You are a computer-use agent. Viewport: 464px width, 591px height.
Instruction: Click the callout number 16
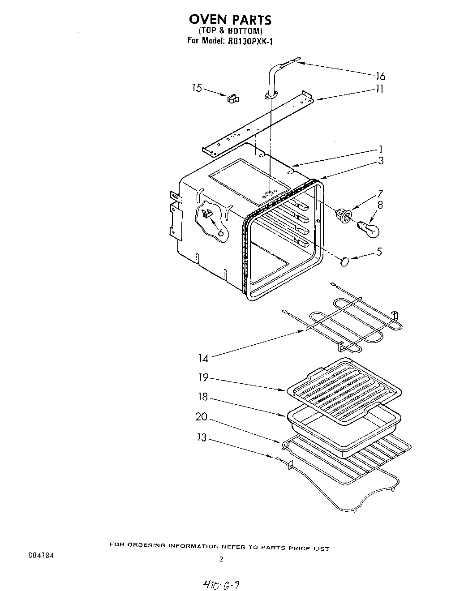pyautogui.click(x=380, y=76)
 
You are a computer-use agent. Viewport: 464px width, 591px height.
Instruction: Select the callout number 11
pyautogui.click(x=379, y=89)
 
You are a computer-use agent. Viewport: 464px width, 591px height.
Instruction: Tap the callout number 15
pyautogui.click(x=197, y=88)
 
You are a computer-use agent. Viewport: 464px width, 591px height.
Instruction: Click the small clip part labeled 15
pyautogui.click(x=233, y=98)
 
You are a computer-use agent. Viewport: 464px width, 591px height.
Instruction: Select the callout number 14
pyautogui.click(x=203, y=358)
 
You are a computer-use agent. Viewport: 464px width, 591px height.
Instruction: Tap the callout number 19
pyautogui.click(x=203, y=377)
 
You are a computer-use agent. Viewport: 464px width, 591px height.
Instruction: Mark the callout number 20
pyautogui.click(x=202, y=417)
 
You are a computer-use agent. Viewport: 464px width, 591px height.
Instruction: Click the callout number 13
pyautogui.click(x=202, y=437)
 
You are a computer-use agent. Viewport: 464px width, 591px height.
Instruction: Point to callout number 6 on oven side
pyautogui.click(x=220, y=232)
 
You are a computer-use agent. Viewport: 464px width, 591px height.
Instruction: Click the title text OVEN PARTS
pyautogui.click(x=230, y=20)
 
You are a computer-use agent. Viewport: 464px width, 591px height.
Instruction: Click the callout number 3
pyautogui.click(x=380, y=161)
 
